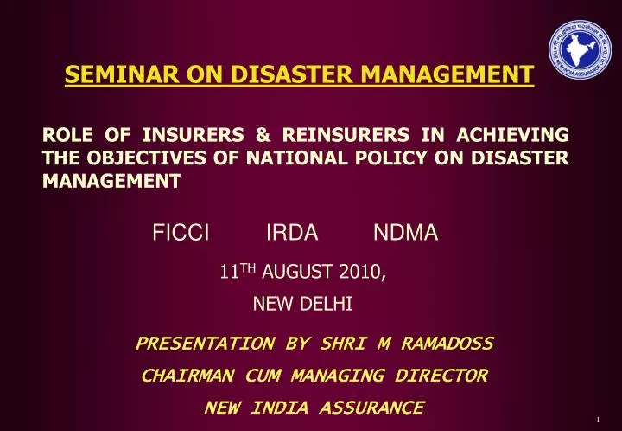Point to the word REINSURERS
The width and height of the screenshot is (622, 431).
(334, 134)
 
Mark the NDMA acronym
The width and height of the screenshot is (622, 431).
(406, 232)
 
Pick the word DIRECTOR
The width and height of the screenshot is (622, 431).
(441, 376)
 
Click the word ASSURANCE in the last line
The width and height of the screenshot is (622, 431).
(368, 407)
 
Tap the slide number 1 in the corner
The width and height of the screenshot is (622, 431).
(597, 421)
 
